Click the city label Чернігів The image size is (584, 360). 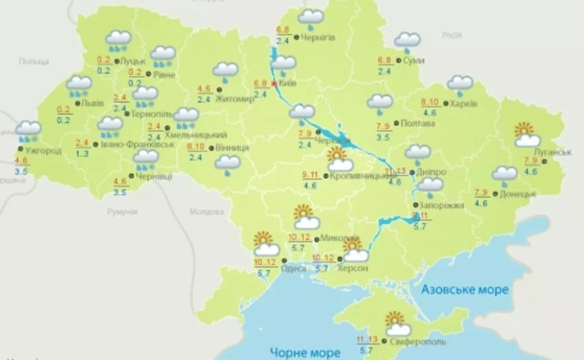(319, 38)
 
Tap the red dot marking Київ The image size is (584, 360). (274, 84)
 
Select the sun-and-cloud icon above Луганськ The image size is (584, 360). (526, 134)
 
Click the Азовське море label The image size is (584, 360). (464, 289)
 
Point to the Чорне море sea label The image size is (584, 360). (306, 352)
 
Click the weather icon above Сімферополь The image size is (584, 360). (397, 324)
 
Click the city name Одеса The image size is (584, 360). (294, 269)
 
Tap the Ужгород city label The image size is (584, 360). (44, 150)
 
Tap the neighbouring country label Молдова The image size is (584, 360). (206, 211)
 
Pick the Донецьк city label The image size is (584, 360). (518, 193)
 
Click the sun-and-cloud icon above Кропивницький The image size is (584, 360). (338, 159)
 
